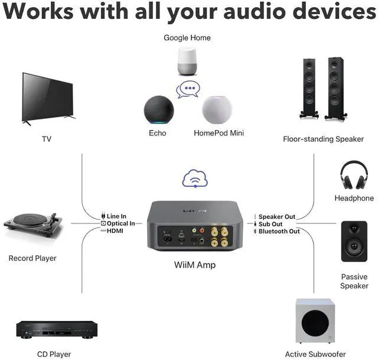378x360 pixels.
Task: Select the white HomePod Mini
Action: pyautogui.click(x=217, y=109)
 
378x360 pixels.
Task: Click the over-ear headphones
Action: pyautogui.click(x=354, y=176)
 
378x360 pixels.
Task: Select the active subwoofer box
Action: pyautogui.click(x=314, y=322)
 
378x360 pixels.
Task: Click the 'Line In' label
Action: pyautogui.click(x=116, y=217)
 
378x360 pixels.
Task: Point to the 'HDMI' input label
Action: pyautogui.click(x=115, y=231)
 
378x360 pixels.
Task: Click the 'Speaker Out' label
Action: pyautogui.click(x=276, y=217)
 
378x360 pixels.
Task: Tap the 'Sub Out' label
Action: pyautogui.click(x=270, y=224)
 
